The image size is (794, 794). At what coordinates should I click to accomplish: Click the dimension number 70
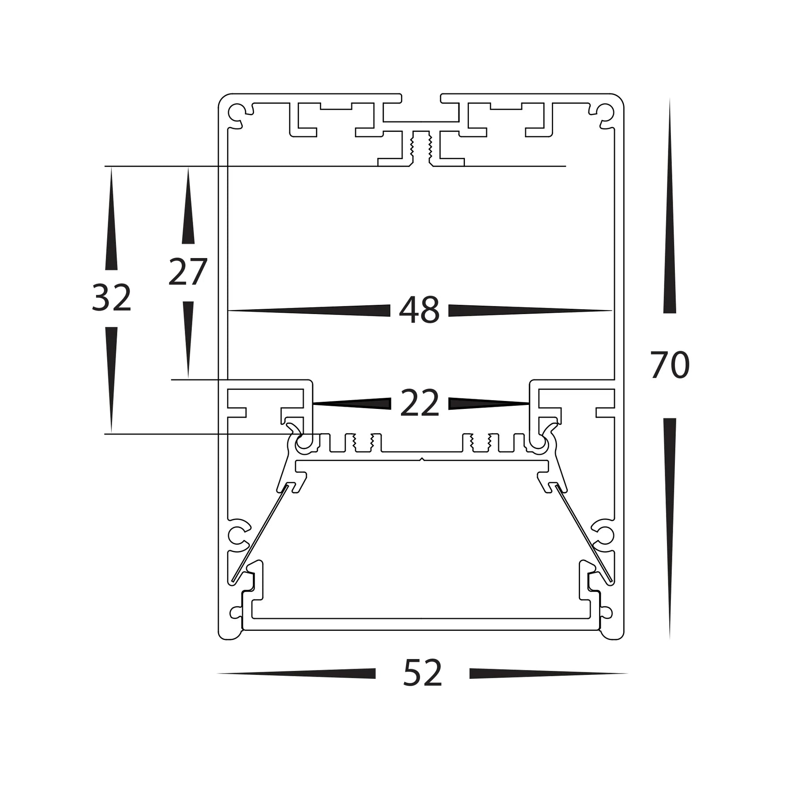(669, 365)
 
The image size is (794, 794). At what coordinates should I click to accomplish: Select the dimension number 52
(422, 673)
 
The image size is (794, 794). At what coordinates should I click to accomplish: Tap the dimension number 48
(419, 310)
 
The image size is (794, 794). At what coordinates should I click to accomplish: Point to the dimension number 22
(419, 403)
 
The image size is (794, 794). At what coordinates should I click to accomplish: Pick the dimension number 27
(187, 272)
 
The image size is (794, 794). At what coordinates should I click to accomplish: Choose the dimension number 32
(111, 298)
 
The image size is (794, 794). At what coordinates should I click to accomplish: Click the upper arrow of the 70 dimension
(670, 221)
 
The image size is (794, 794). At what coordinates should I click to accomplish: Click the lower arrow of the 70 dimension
(670, 507)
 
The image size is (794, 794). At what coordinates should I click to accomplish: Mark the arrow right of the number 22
(481, 403)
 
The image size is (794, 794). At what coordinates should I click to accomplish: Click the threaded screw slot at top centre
(421, 148)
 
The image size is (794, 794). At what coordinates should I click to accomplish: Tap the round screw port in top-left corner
(236, 110)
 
